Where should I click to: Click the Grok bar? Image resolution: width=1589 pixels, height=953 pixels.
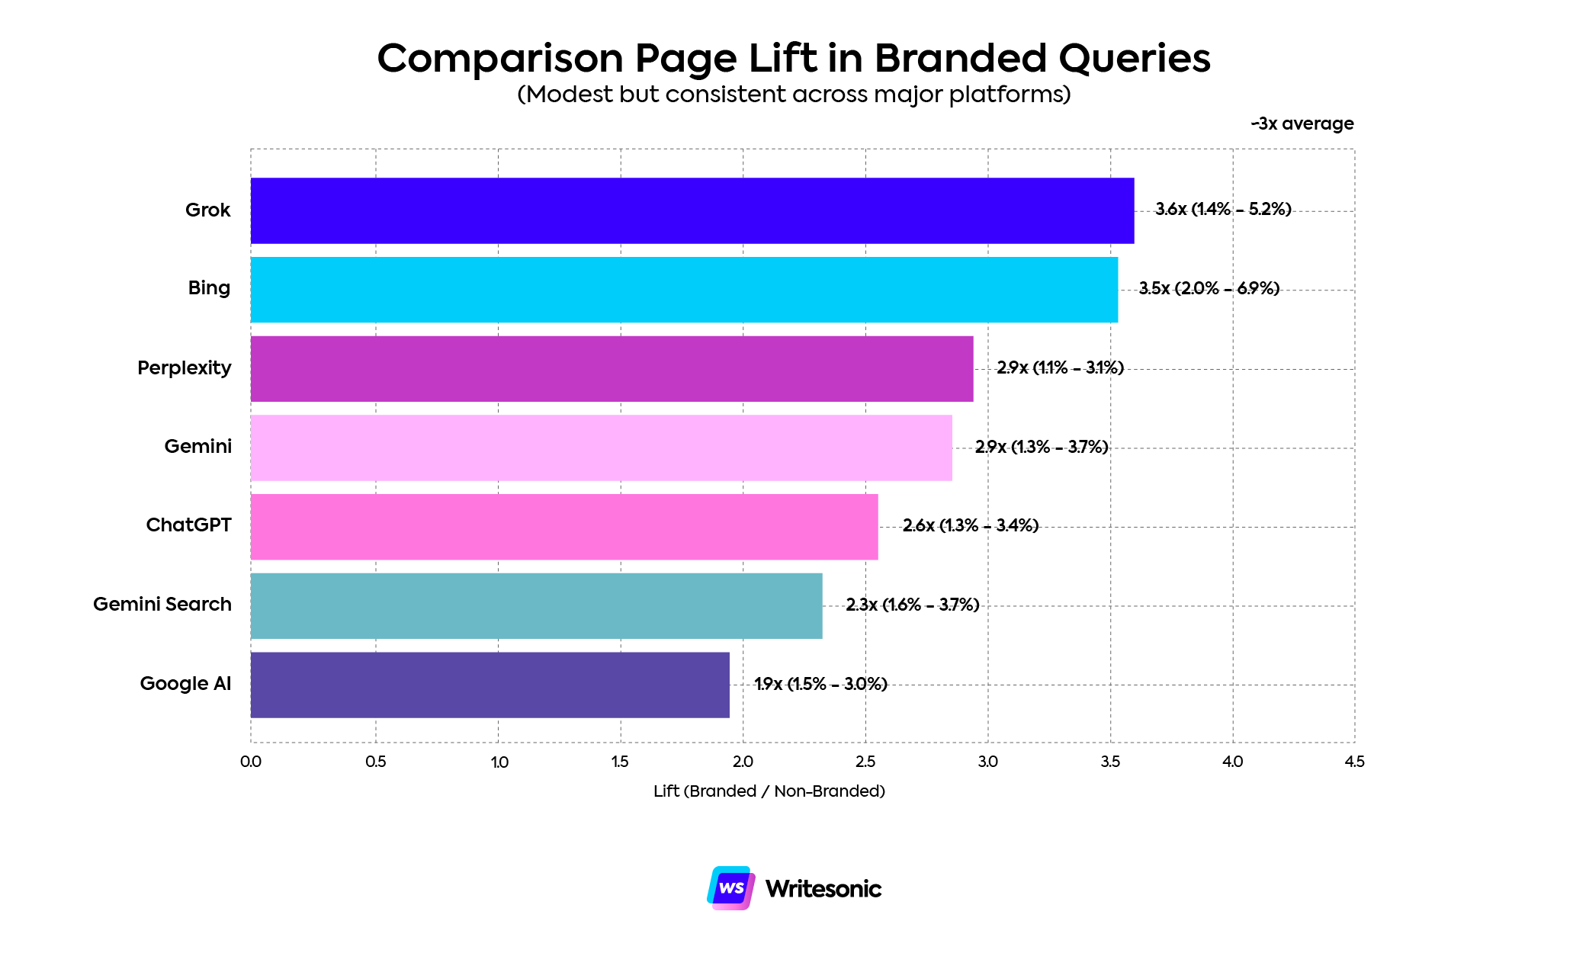point(692,210)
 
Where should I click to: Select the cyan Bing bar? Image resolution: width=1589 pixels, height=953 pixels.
point(684,290)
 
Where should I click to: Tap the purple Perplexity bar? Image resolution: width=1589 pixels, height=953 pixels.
point(612,369)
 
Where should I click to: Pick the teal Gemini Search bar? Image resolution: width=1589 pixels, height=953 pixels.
point(536,605)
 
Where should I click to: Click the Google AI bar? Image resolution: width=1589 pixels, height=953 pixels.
point(490,685)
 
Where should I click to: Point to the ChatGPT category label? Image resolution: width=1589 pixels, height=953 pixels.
point(188,525)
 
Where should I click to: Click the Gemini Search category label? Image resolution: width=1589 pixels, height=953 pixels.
point(162,605)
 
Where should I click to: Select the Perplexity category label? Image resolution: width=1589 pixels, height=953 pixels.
point(184,368)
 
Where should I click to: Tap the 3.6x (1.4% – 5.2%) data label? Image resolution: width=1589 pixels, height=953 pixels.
point(1223,210)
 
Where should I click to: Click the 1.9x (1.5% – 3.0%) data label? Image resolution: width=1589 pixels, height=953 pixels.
point(820,684)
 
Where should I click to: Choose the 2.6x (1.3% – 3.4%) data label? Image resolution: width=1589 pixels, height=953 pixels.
point(970,526)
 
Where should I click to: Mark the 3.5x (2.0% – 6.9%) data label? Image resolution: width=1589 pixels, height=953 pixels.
point(1209,289)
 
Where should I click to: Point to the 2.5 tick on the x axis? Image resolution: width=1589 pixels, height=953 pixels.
point(865,762)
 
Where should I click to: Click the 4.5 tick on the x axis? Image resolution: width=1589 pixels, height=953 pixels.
point(1354,762)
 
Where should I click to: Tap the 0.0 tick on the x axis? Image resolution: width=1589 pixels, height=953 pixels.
point(251,762)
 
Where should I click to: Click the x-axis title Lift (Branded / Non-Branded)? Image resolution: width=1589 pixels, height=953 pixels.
point(769,791)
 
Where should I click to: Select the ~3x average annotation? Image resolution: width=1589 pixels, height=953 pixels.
point(1302,124)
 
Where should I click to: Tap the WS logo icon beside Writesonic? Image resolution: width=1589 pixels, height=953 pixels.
point(730,888)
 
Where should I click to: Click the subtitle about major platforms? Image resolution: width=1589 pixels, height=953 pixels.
point(794,95)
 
